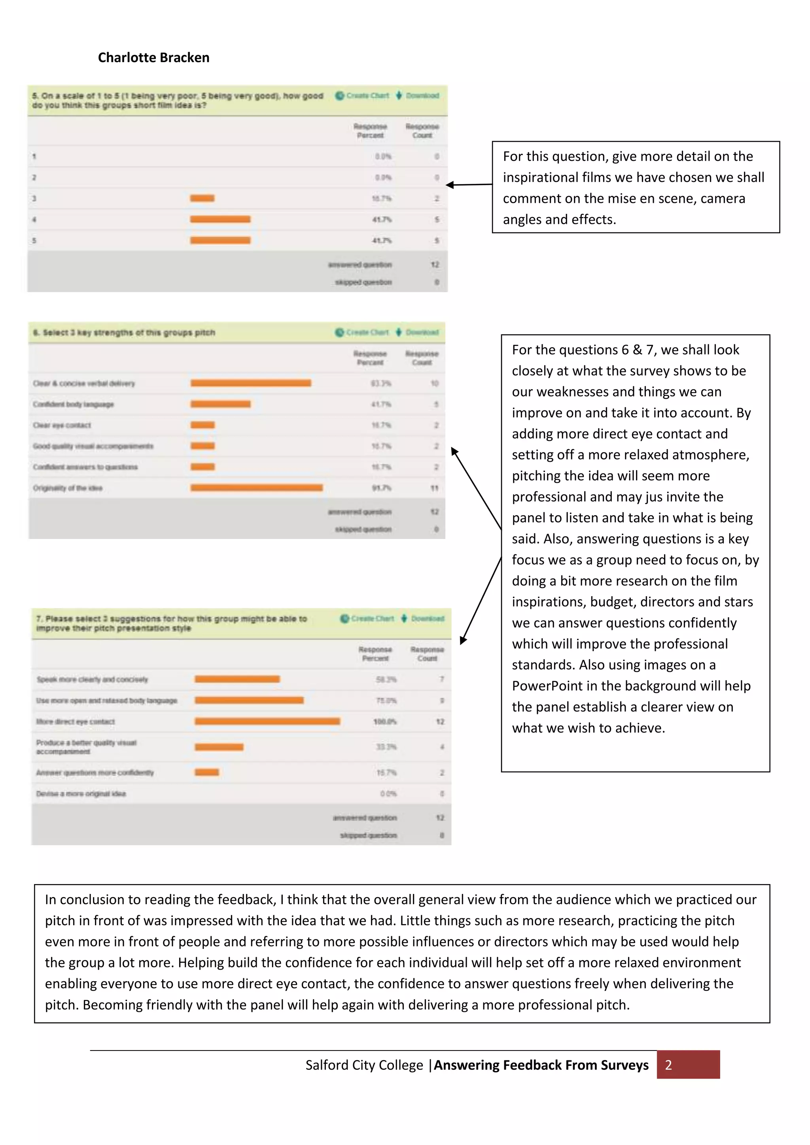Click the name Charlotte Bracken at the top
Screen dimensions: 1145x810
tap(153, 58)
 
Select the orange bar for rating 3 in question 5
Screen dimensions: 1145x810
tap(202, 198)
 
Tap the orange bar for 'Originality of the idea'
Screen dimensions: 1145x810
tap(256, 488)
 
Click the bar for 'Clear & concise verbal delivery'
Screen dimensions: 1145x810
tap(250, 383)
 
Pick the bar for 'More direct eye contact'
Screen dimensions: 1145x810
tap(267, 721)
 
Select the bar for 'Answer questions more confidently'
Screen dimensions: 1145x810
tap(206, 773)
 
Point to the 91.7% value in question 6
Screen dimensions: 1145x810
tap(382, 488)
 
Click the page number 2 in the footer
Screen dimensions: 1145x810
tap(668, 1065)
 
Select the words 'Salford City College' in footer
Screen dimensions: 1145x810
tap(364, 1065)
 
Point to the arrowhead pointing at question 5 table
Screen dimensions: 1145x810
tap(449, 185)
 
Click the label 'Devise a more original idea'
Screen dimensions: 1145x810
tap(81, 794)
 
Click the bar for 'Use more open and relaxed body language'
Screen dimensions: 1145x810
tap(249, 700)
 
